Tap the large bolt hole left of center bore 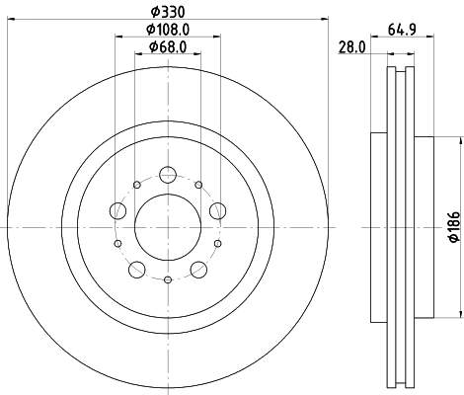pyautogui.click(x=117, y=209)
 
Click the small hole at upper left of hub pyautogui.click(x=134, y=185)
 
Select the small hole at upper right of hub pyautogui.click(x=198, y=185)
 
